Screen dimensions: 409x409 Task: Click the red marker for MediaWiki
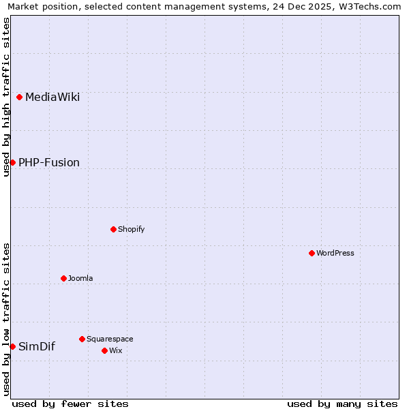pos(20,97)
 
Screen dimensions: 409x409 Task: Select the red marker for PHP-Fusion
pos(12,162)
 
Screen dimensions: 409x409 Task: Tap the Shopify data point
pos(114,229)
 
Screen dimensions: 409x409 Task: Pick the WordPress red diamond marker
pos(312,253)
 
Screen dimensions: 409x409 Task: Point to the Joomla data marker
pos(63,278)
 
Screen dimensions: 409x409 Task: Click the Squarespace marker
pos(82,339)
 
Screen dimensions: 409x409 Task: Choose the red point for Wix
pos(104,350)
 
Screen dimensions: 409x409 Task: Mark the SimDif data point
pos(12,346)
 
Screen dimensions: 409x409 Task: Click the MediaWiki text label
pos(52,97)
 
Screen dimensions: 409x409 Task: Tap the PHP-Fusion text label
pos(49,162)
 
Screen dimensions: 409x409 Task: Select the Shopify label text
pos(132,229)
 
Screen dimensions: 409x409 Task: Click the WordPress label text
pos(335,253)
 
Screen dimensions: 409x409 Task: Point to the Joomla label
pos(80,278)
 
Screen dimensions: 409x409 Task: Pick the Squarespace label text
pos(110,339)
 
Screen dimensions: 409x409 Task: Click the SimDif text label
pos(37,346)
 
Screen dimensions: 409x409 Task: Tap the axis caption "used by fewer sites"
pos(70,404)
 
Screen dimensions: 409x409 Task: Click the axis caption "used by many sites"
pos(342,404)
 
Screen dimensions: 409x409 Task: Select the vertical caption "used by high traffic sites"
pos(6,97)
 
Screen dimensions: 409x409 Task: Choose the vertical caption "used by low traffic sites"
pos(6,319)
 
